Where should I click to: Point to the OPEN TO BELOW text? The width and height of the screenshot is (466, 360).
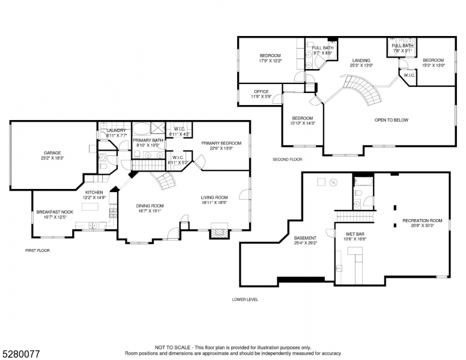[x=391, y=120]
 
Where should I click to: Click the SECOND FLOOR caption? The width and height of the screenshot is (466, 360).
[x=287, y=160]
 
